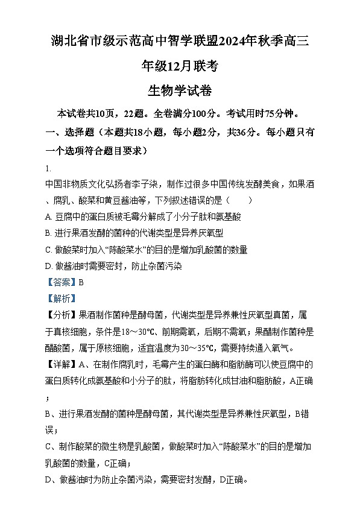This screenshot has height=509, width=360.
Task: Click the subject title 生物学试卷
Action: pyautogui.click(x=179, y=90)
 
